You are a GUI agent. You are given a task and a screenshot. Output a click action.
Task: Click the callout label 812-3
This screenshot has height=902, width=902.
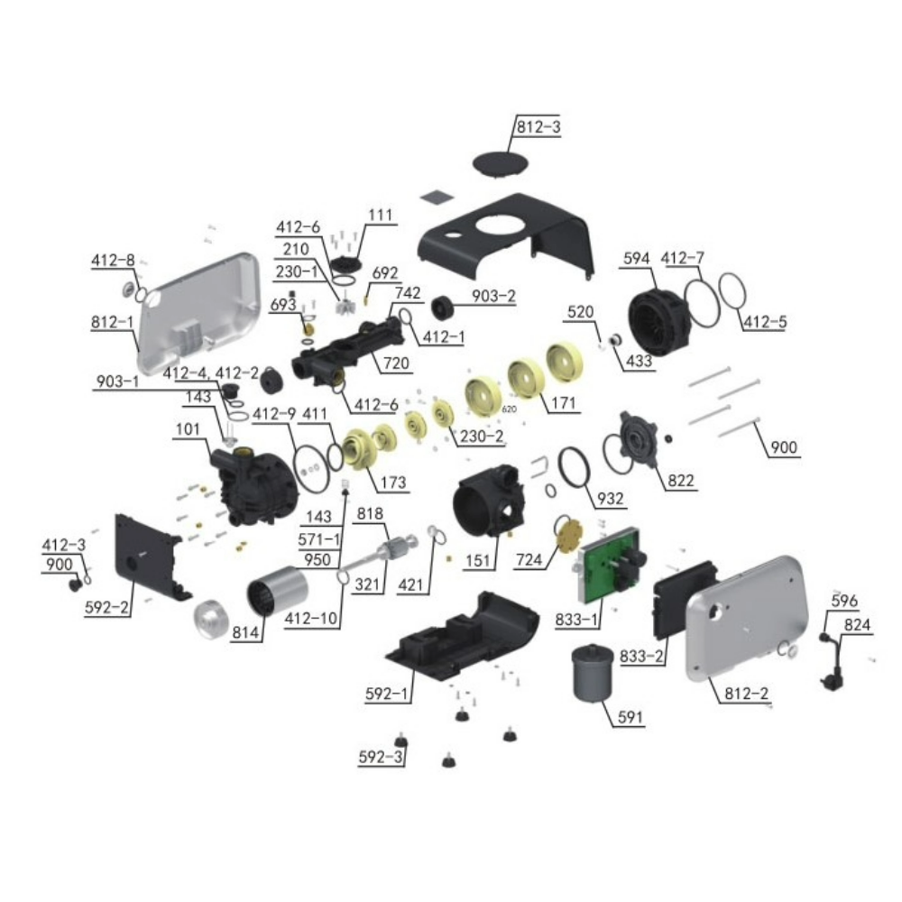(538, 128)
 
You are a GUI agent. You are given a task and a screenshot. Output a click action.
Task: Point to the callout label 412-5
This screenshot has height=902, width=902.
(764, 321)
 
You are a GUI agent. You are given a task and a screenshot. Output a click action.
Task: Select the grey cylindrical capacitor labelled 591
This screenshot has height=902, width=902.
(594, 673)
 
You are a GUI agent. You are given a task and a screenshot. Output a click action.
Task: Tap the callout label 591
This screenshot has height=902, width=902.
(631, 719)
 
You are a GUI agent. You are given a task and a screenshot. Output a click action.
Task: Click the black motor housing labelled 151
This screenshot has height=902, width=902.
(487, 510)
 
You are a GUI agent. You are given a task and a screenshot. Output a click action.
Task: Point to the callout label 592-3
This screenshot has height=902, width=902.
(380, 759)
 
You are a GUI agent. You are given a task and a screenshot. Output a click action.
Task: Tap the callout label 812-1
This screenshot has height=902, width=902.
(112, 322)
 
